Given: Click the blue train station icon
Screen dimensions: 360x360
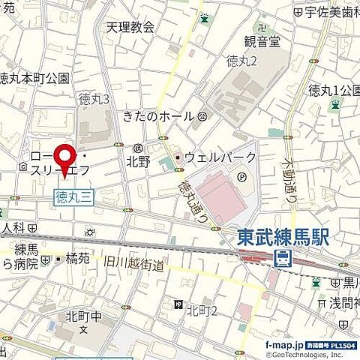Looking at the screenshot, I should tap(283, 259).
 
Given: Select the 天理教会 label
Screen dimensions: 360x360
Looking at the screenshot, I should tap(129, 28).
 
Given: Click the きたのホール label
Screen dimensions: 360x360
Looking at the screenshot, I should tap(158, 116).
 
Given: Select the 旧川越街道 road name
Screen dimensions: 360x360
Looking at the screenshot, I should tap(133, 262).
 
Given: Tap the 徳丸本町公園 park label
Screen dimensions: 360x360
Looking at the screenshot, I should tap(33, 77).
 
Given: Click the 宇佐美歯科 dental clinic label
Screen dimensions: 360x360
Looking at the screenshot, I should tap(331, 11).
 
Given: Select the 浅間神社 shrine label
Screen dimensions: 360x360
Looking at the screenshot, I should tap(342, 303).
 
